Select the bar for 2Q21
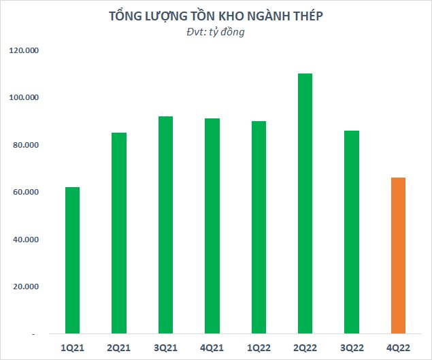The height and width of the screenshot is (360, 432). click(x=119, y=233)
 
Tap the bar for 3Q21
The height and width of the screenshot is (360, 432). click(x=165, y=225)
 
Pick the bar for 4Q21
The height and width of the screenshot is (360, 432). click(x=212, y=227)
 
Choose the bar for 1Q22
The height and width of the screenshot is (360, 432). click(x=259, y=228)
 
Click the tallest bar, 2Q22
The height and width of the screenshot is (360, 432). click(x=305, y=204)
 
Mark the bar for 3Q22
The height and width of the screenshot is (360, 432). click(x=352, y=232)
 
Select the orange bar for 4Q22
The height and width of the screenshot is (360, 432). click(x=398, y=256)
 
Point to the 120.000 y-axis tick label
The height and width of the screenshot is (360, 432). click(x=24, y=50)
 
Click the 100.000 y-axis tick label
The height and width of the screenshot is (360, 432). click(x=24, y=98)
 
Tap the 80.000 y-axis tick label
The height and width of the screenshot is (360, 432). click(x=25, y=145)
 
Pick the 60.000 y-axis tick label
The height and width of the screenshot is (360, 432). click(x=25, y=193)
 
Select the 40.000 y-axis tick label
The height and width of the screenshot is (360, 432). click(x=25, y=240)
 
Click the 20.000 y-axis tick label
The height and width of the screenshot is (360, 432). click(x=25, y=287)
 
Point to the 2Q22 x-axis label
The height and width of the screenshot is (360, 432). click(x=305, y=348)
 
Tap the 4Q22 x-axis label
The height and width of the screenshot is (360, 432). click(x=398, y=348)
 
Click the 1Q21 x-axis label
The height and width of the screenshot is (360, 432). click(x=73, y=348)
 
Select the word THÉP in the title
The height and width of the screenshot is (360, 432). click(x=305, y=16)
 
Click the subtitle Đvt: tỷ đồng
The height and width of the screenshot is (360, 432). click(x=215, y=33)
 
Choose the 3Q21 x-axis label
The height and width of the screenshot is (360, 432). click(x=165, y=348)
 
